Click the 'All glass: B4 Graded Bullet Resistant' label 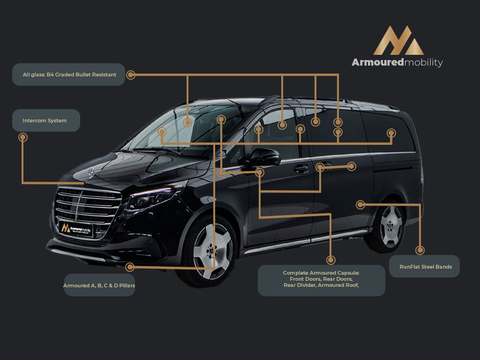click(69, 75)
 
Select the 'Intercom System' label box click(46, 120)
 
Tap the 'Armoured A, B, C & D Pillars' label click(99, 285)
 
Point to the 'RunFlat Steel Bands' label click(424, 266)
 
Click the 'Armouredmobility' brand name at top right click(397, 62)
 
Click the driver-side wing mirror click(262, 157)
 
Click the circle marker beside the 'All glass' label click(131, 75)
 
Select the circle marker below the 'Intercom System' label click(22, 137)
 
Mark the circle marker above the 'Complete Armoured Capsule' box click(330, 260)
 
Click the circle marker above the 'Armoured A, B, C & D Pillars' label click(130, 267)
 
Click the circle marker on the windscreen click(187, 123)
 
